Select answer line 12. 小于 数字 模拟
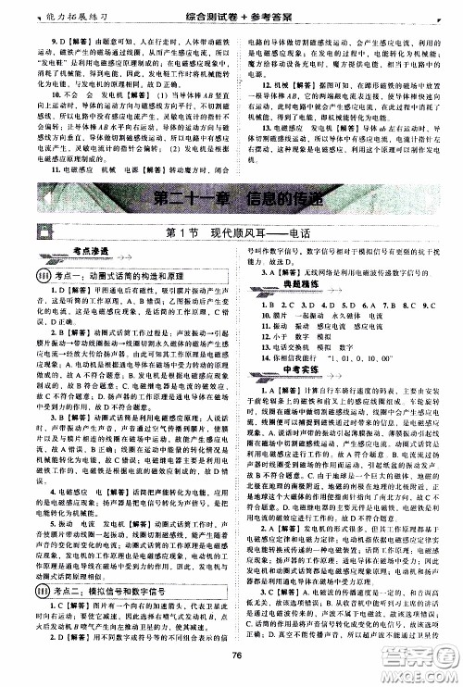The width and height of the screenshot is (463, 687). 302,342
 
